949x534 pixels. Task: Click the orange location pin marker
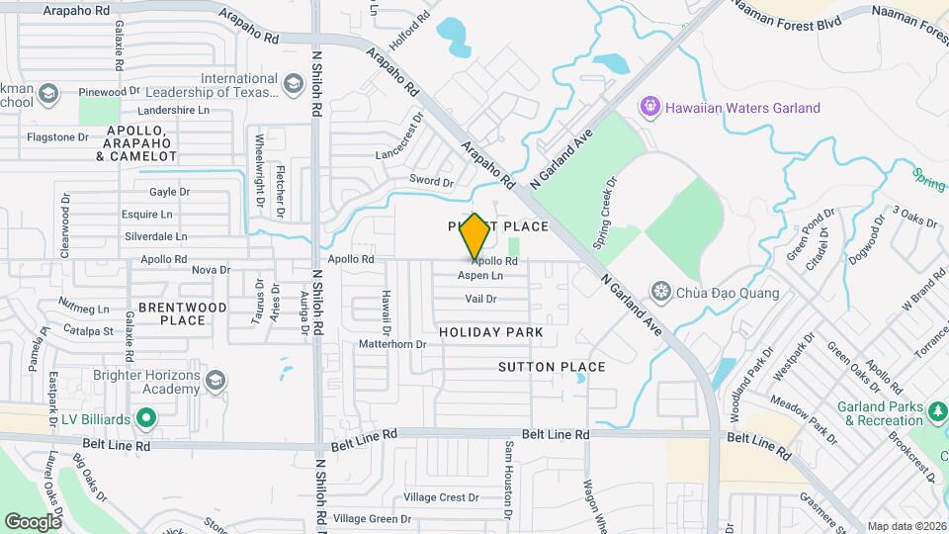pos(474,235)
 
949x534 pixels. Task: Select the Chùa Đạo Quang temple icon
pos(660,292)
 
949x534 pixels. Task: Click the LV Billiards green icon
pos(146,419)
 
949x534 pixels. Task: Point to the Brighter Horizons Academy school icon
pos(214,379)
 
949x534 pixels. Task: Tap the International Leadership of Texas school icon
pos(293,84)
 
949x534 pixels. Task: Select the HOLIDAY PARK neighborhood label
pos(491,332)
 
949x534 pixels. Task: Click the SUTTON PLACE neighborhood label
pos(552,367)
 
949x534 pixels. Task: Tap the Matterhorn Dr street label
pos(391,345)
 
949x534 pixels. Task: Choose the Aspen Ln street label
pos(480,276)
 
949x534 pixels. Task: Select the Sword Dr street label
pos(431,182)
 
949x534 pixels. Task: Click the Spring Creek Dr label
pos(611,212)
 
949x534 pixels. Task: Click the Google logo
pos(33,521)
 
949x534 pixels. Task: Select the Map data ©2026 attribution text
pos(906,526)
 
